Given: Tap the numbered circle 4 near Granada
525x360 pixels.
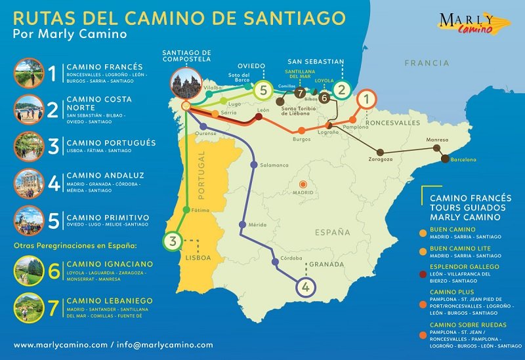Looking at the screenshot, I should point(306,286).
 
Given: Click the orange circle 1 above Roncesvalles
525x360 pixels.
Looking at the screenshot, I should point(367,100).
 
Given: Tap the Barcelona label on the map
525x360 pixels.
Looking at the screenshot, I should point(463,160).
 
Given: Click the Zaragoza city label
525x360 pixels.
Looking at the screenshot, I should point(381,159).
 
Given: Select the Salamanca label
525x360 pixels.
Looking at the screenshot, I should point(274,165).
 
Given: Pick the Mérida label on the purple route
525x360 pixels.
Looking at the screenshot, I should point(257,225).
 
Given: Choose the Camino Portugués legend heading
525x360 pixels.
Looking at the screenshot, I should point(111,142).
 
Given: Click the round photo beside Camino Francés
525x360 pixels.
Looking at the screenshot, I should point(28,72).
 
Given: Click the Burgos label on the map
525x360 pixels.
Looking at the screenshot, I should point(301,139).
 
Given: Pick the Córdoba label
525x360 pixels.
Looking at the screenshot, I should point(291,258).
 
